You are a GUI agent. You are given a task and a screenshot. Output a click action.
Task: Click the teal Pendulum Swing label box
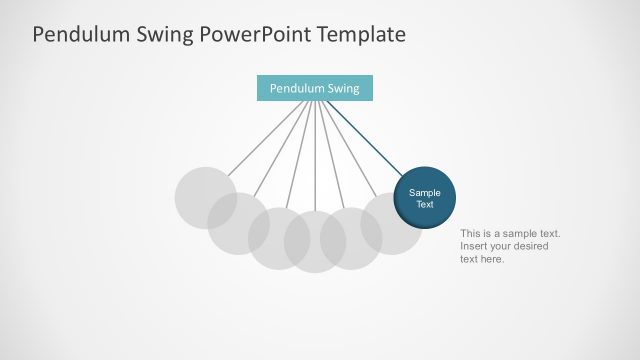[x=314, y=88]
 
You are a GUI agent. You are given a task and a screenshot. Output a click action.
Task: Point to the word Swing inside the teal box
[x=342, y=88]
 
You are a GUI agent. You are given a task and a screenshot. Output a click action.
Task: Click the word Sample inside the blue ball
[x=425, y=192]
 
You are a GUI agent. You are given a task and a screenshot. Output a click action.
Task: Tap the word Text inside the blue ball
[x=425, y=204]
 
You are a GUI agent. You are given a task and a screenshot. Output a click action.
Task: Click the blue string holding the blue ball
[x=365, y=135]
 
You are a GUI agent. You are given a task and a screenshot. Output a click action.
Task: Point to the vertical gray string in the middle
[x=315, y=150]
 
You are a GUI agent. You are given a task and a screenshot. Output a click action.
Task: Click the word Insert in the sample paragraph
[x=473, y=246]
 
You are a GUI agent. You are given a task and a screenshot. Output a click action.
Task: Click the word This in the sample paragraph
[x=471, y=233]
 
